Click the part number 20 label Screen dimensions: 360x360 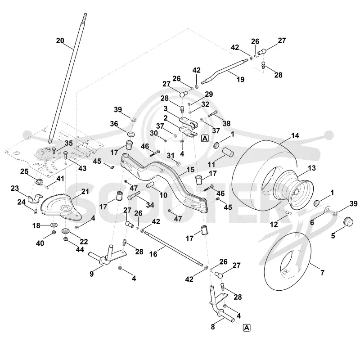tap(60, 40)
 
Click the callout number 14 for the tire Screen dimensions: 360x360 tap(295, 135)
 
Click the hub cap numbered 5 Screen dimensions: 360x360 tap(348, 222)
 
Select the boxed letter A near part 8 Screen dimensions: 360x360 tap(247, 328)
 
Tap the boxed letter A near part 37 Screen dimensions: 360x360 tap(205, 139)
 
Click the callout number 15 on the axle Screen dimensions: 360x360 tap(190, 170)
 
